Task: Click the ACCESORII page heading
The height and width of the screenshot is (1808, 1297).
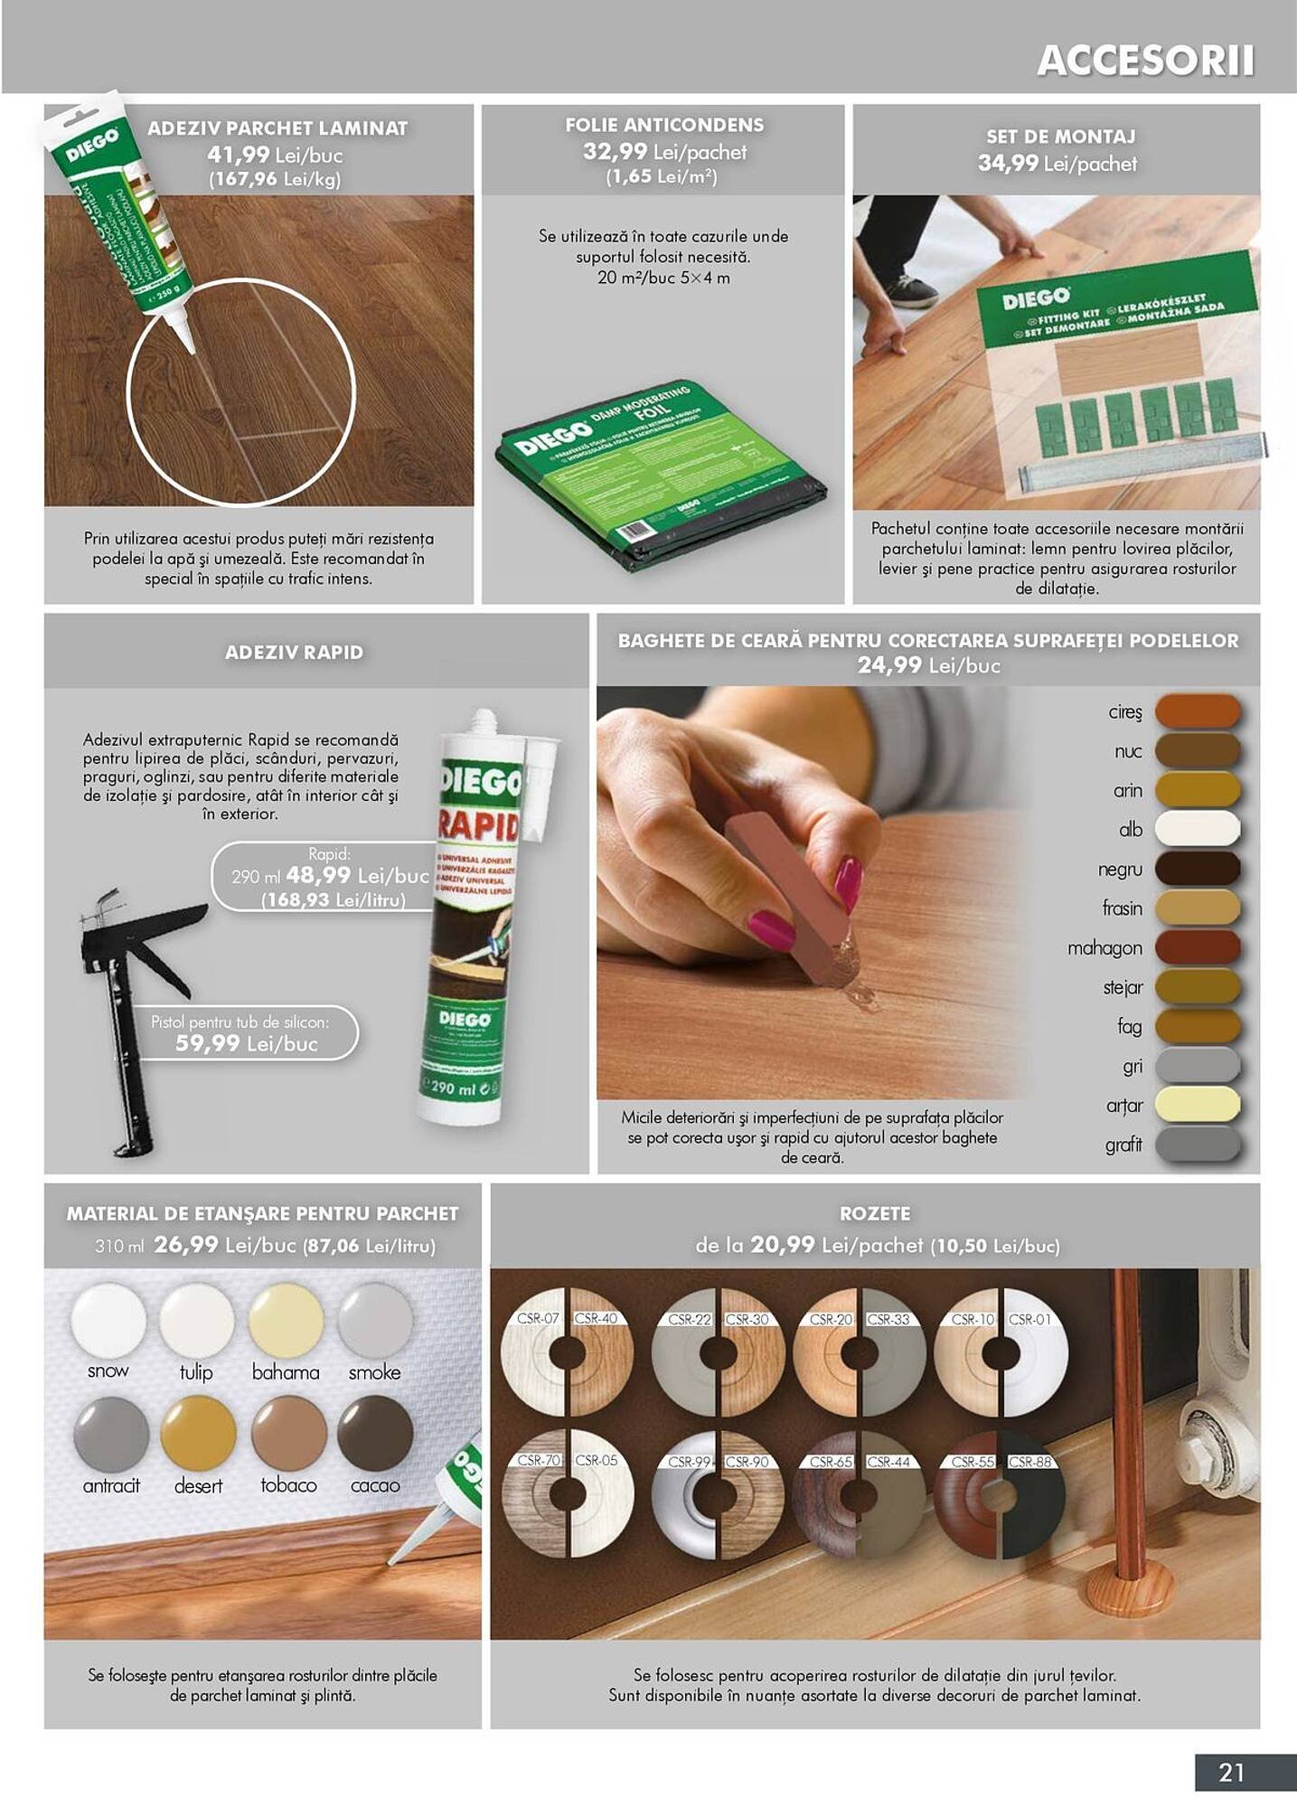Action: [x=1144, y=61]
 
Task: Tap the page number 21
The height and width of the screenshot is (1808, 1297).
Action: [x=1231, y=1772]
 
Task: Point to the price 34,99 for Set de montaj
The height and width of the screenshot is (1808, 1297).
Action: [x=1007, y=164]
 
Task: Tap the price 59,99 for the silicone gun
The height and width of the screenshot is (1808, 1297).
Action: [x=208, y=1044]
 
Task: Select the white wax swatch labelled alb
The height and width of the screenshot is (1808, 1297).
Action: [x=1197, y=829]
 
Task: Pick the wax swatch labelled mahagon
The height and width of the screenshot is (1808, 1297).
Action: [x=1197, y=947]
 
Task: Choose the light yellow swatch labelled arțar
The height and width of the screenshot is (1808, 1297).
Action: [x=1197, y=1105]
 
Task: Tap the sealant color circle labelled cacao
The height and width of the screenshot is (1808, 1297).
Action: [x=375, y=1433]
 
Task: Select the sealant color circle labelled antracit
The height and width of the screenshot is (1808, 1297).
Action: [x=110, y=1434]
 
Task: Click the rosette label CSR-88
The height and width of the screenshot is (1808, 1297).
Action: [x=1030, y=1462]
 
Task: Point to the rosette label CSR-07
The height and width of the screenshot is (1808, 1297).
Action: [x=539, y=1319]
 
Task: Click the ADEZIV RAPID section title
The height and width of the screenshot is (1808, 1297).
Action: [x=294, y=652]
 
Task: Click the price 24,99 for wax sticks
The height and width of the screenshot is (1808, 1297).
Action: [x=888, y=665]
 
